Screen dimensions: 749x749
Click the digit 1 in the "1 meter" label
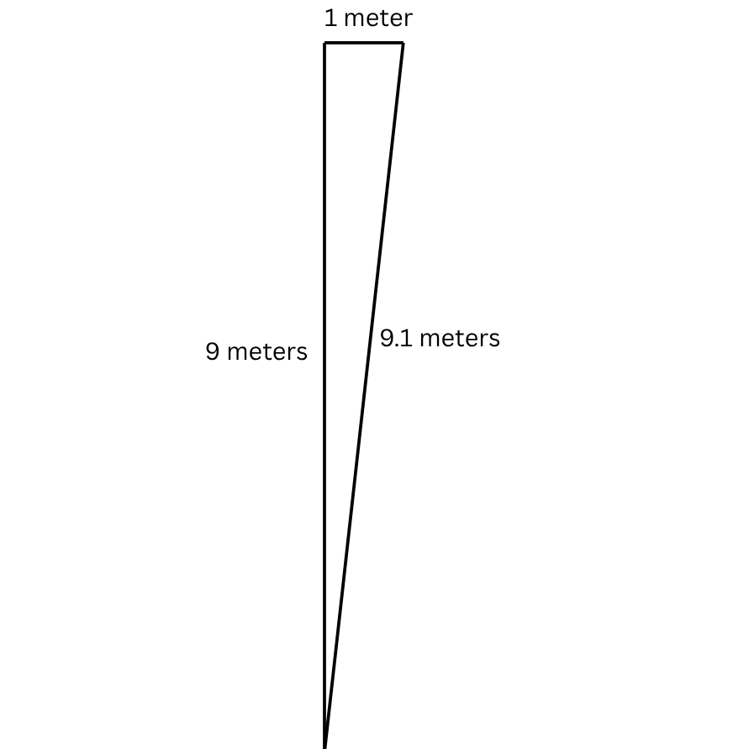tap(330, 18)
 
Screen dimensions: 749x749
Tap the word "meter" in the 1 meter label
tap(377, 18)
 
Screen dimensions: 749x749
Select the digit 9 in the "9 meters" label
tap(214, 351)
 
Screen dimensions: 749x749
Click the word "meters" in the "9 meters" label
tap(267, 351)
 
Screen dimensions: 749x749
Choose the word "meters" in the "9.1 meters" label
tap(459, 339)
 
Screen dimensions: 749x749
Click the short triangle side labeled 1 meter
tap(363, 43)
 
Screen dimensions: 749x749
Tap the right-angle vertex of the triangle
tap(325, 44)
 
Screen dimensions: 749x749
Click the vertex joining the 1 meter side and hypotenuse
tap(403, 44)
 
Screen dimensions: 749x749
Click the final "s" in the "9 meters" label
tap(303, 352)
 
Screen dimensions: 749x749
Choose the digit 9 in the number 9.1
tap(387, 339)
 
